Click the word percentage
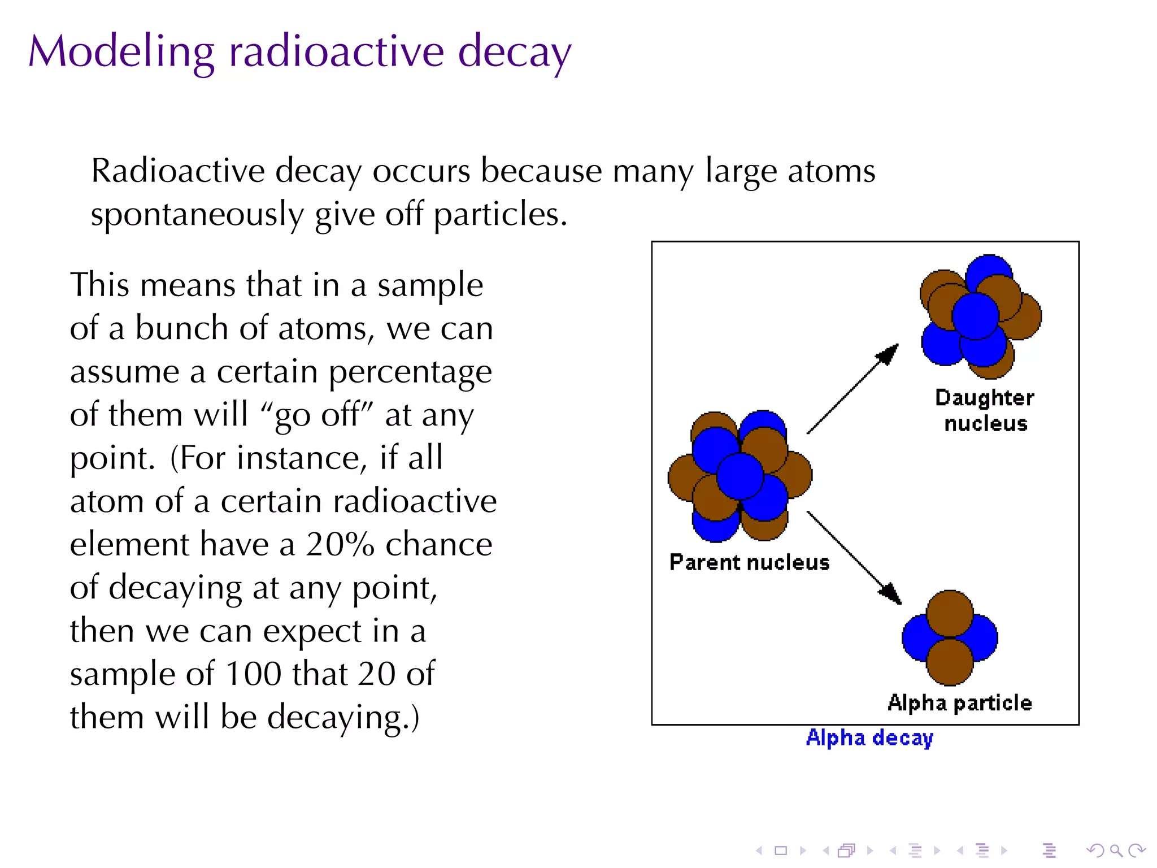[x=410, y=372]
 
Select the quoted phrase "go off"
[x=317, y=415]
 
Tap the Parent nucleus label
[x=749, y=563]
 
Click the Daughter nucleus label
[x=985, y=410]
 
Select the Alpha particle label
[x=959, y=703]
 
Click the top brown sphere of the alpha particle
[x=950, y=613]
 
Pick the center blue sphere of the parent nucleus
[x=740, y=476]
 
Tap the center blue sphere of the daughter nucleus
[x=975, y=315]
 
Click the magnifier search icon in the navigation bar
[x=1116, y=850]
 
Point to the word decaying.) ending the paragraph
[x=343, y=718]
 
